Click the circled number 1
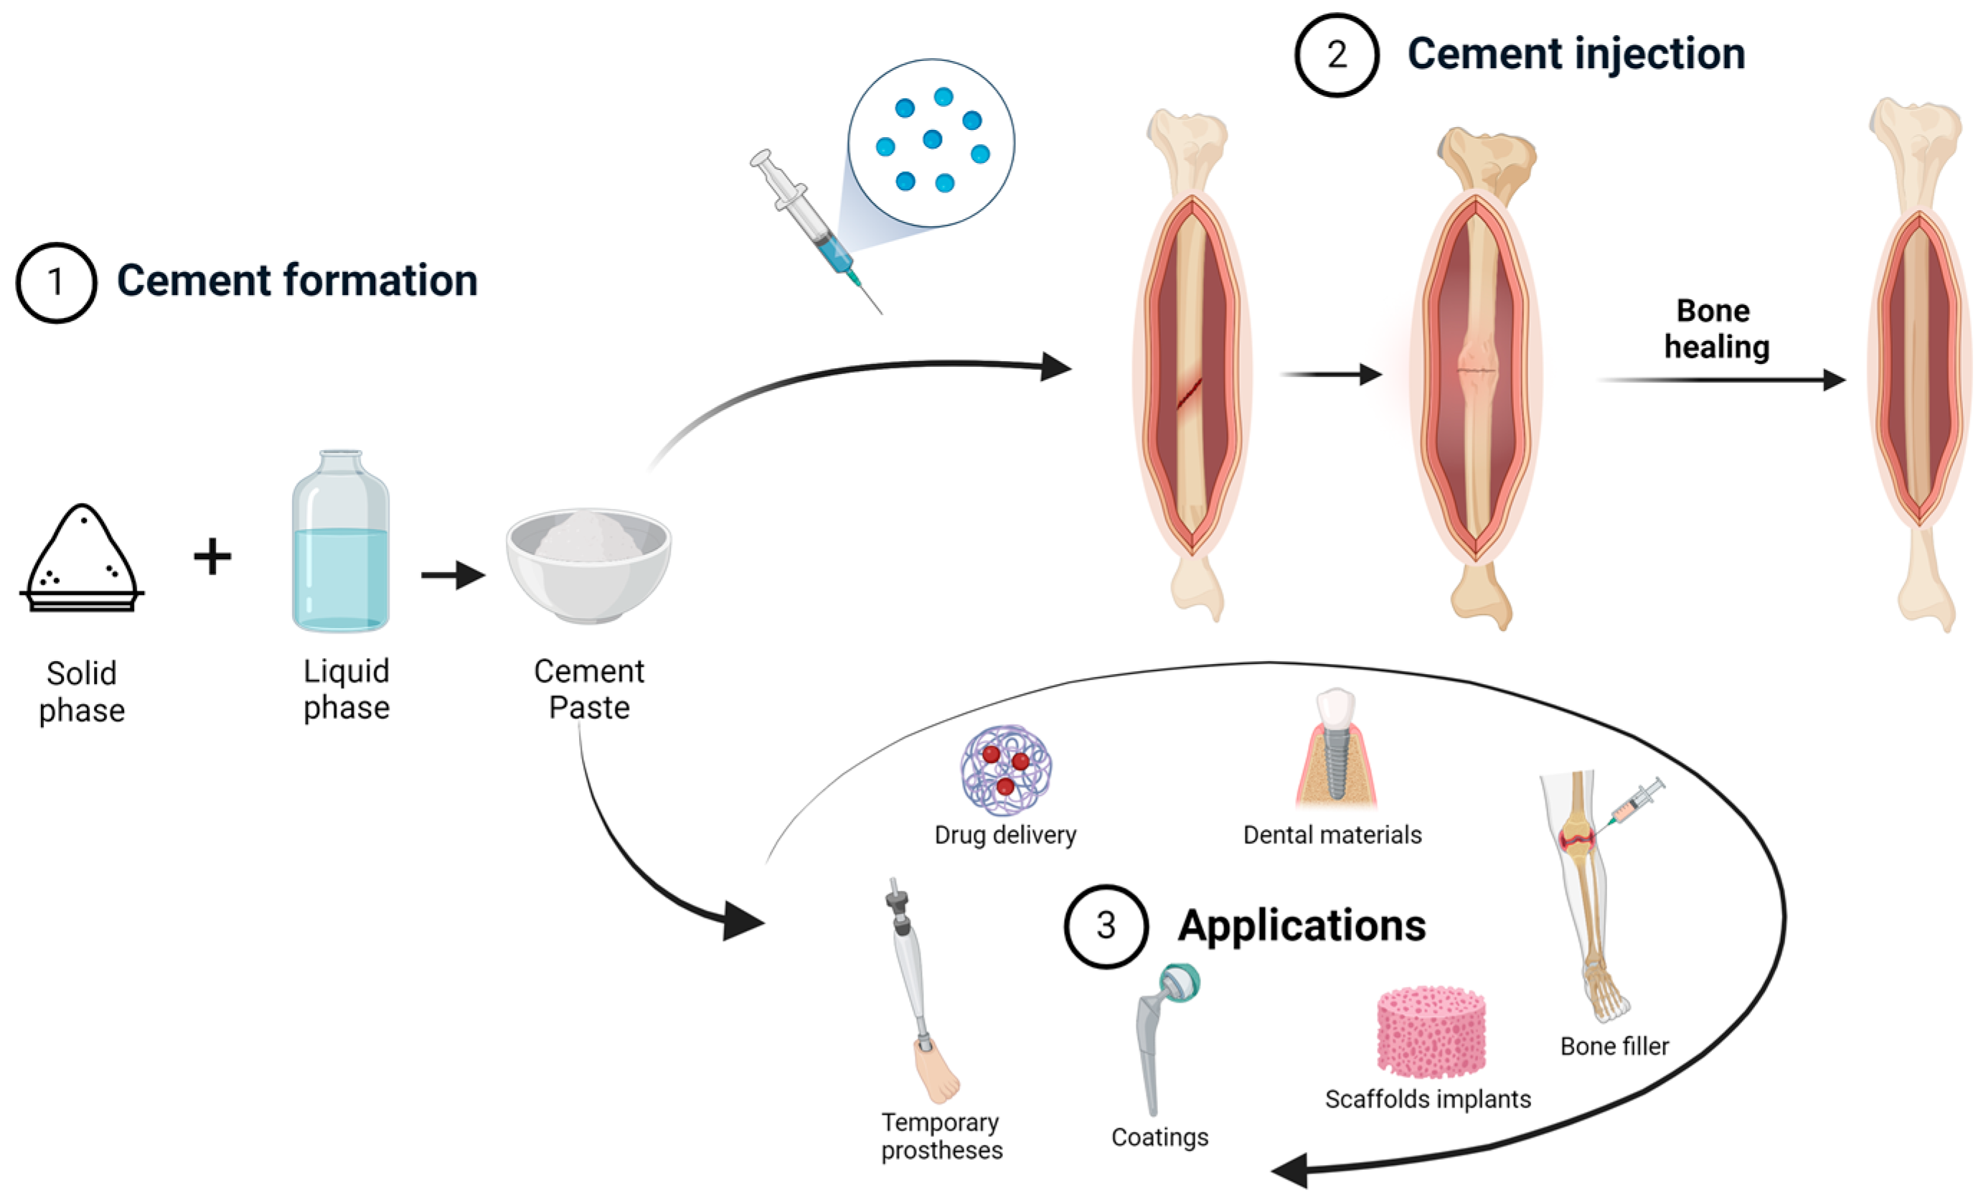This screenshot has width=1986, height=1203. [x=56, y=282]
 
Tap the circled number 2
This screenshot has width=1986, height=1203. [x=1337, y=55]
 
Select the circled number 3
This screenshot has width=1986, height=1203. [x=1105, y=926]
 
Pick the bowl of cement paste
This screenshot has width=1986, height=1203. [x=588, y=564]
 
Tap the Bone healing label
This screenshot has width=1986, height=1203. [x=1716, y=329]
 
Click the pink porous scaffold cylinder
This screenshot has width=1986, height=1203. [x=1431, y=1031]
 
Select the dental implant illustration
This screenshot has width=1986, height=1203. [x=1335, y=750]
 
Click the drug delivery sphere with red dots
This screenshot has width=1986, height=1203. [x=1005, y=770]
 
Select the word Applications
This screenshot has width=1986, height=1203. [x=1301, y=926]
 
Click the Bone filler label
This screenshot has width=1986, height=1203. [x=1614, y=1047]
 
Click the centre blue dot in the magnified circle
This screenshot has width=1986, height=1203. [x=933, y=139]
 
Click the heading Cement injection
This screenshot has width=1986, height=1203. [x=1576, y=55]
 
